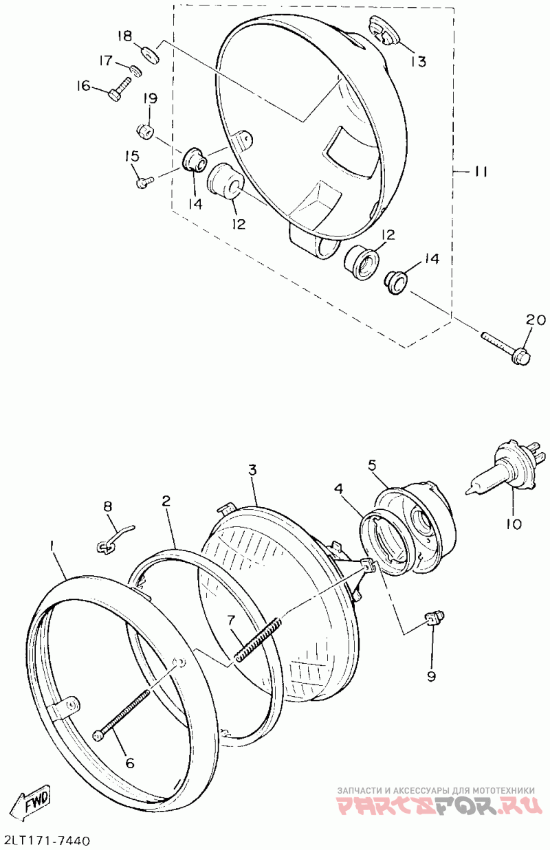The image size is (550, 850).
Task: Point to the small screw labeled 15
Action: click(x=143, y=182)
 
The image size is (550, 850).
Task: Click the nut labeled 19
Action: click(x=144, y=130)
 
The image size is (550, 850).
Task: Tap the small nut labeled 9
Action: click(x=434, y=618)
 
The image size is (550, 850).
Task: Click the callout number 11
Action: click(x=479, y=171)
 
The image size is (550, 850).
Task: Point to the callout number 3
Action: click(x=252, y=471)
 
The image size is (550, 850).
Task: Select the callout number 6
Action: click(x=129, y=763)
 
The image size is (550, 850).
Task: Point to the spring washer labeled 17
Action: click(x=135, y=69)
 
